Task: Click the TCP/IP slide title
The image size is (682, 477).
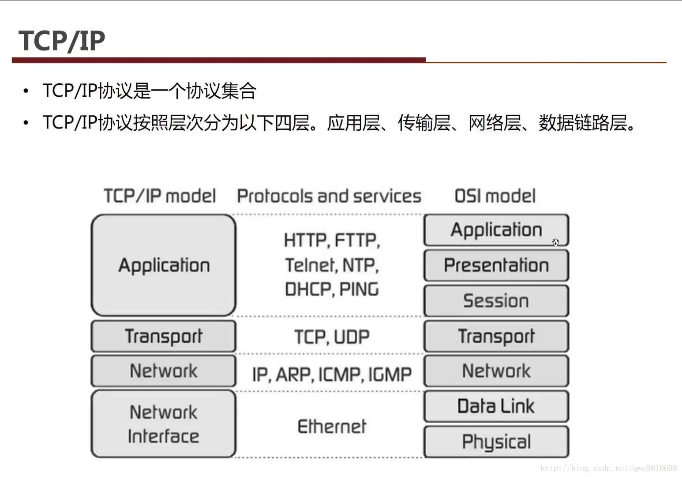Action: pos(62,41)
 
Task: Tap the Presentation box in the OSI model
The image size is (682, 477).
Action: pos(496,265)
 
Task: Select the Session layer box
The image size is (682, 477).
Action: pos(496,300)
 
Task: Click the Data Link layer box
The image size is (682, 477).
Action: pos(496,406)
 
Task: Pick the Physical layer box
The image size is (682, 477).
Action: pos(496,441)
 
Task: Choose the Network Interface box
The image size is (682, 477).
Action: pos(164,424)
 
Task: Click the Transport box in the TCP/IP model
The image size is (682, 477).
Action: pos(164,336)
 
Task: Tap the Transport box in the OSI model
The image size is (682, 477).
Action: pos(496,336)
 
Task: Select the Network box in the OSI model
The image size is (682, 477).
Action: pos(496,371)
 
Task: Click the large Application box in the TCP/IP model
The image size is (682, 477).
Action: pos(164,265)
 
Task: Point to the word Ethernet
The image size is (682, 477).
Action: pos(332,426)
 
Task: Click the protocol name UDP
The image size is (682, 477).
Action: pos(352,337)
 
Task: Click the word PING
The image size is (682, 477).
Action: pos(359,289)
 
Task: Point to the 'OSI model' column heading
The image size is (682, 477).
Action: pos(495,196)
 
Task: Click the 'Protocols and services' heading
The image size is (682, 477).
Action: pos(329,196)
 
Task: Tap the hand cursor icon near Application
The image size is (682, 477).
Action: pos(556,242)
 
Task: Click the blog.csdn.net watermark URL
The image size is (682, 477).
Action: pos(609,468)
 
